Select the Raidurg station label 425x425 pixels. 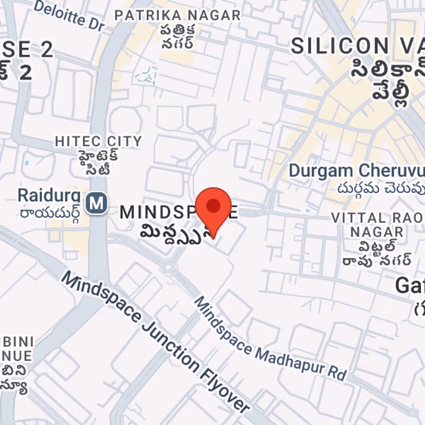click(49, 195)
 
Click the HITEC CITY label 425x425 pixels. click(99, 141)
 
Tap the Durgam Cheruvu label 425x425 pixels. click(356, 171)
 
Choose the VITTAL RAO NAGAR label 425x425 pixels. click(377, 225)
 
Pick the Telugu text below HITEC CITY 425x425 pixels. click(99, 163)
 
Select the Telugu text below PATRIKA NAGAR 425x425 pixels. click(177, 36)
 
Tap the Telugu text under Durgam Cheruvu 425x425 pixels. click(380, 190)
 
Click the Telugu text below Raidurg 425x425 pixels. click(49, 214)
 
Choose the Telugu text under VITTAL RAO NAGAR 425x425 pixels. click(377, 253)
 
